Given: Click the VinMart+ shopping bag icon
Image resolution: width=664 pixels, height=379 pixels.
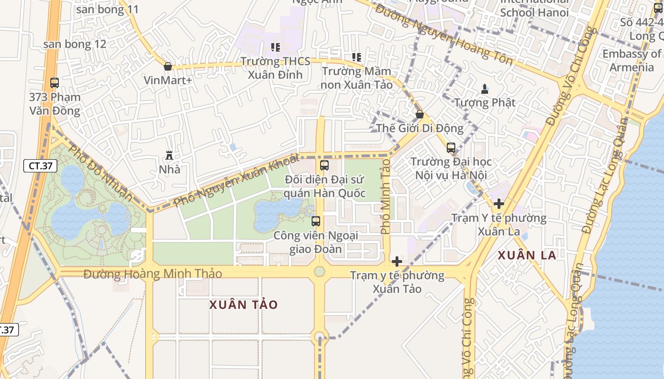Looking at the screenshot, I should (167, 66).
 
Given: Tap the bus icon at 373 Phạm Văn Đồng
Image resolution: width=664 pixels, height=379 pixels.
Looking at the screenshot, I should (55, 83).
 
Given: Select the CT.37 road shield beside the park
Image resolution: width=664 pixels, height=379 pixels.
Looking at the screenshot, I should (40, 166).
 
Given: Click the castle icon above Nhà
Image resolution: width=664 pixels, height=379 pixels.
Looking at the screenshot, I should (169, 155).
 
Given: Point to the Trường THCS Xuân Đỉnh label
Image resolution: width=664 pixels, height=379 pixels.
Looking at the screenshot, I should (275, 68).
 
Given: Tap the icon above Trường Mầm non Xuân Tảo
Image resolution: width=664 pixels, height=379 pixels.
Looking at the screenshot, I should (357, 57).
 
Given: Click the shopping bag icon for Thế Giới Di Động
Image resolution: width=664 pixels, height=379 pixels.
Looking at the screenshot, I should (419, 114).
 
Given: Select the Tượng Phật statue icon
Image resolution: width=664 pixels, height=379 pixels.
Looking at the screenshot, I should (485, 89).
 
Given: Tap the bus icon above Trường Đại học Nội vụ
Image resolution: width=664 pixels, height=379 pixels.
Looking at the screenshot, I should (451, 148).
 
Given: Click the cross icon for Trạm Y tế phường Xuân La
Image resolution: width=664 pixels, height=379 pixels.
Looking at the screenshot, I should (498, 204).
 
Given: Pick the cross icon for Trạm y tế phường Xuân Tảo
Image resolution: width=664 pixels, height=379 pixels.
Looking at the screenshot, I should (397, 262).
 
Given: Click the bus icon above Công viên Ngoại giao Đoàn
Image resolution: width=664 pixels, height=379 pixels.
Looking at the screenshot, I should (316, 221).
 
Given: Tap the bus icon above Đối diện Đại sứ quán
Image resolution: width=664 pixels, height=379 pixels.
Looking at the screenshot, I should (324, 165).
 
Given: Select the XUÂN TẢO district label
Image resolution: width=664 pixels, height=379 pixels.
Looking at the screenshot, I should (243, 305).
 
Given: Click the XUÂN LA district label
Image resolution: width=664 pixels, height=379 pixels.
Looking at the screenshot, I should (526, 255).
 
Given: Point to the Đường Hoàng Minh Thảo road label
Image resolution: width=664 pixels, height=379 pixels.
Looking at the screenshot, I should (153, 274).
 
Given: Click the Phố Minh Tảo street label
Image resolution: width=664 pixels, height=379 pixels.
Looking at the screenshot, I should (385, 196).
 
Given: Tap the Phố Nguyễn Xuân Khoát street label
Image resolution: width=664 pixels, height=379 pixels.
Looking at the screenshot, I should (236, 180).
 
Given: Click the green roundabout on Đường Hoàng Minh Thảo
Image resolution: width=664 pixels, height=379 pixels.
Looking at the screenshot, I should (320, 271).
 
